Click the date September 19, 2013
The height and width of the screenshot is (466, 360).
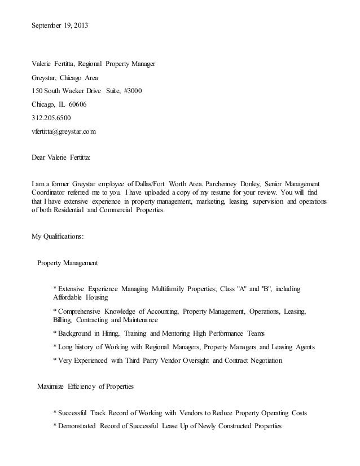click(x=59, y=27)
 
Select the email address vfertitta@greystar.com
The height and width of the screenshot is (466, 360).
click(x=63, y=131)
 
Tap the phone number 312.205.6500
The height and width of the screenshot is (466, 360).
click(x=51, y=118)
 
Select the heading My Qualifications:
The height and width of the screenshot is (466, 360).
click(x=57, y=236)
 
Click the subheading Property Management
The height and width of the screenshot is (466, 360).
click(x=67, y=263)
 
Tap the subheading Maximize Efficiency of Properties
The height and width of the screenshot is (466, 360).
click(x=85, y=386)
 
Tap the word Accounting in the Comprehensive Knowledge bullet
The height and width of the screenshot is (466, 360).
click(x=162, y=311)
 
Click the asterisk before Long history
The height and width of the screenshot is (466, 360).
click(x=54, y=346)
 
